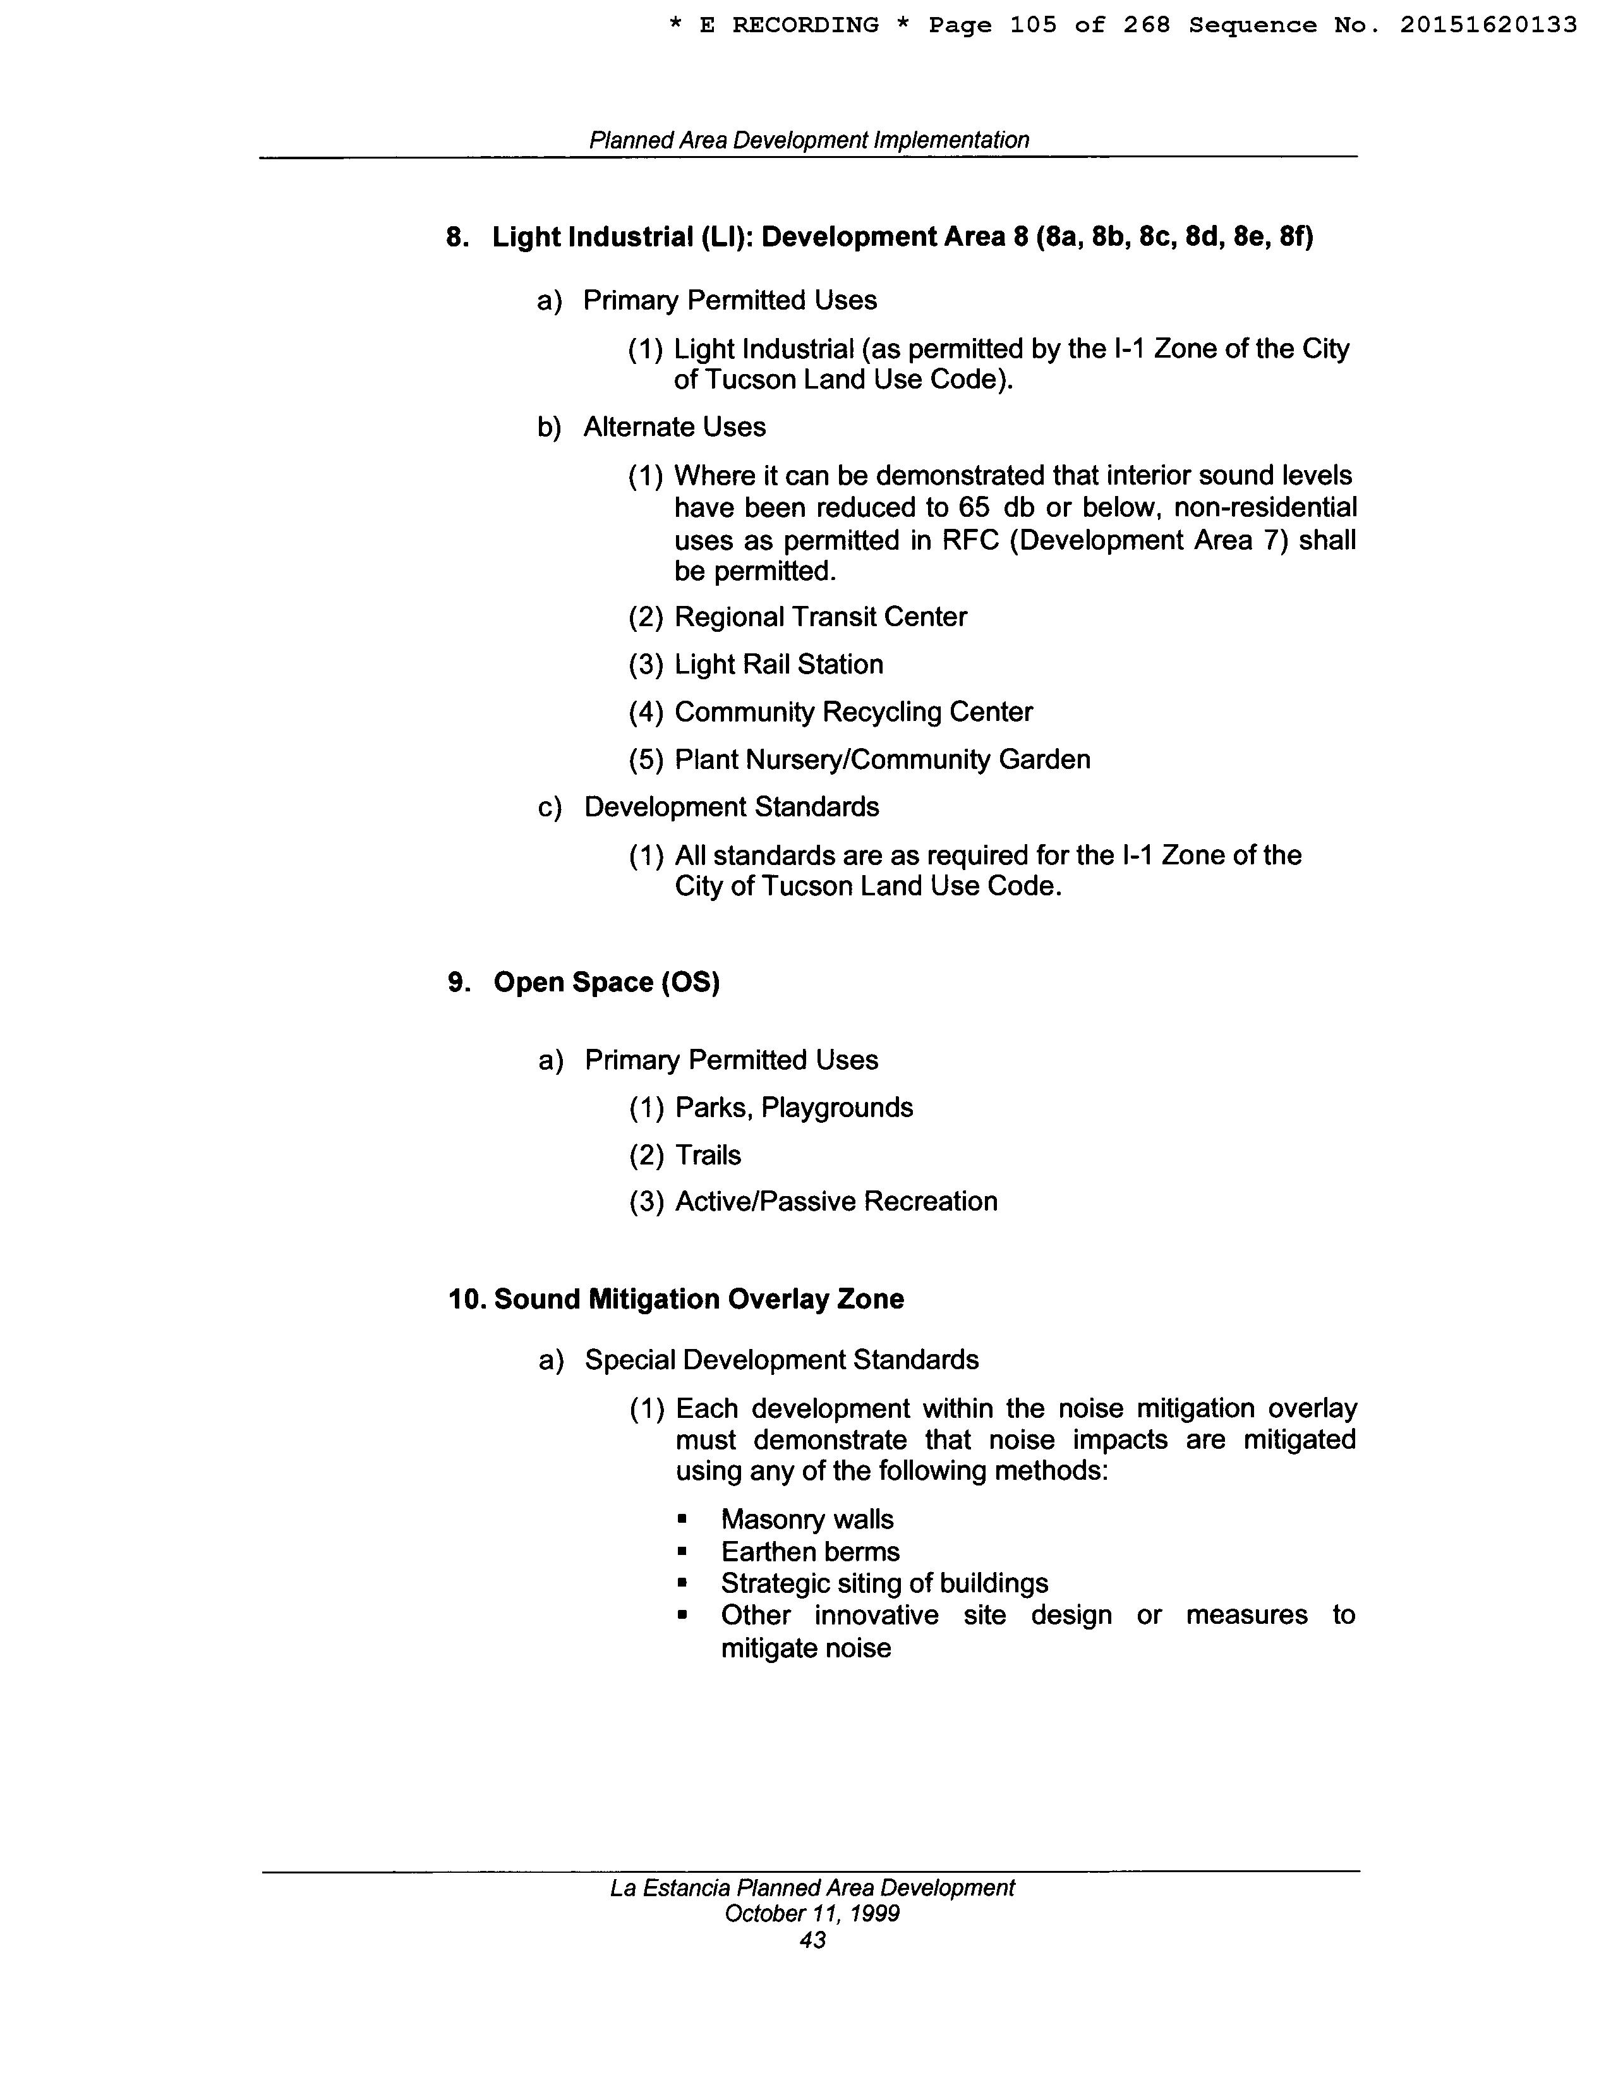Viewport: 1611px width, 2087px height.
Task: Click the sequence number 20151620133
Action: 1488,25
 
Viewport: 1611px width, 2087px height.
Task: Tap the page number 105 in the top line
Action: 1033,25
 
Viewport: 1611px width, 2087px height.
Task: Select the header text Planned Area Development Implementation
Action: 809,140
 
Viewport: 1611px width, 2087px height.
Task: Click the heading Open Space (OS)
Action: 606,983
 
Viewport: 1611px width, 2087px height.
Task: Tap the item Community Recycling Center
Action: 854,712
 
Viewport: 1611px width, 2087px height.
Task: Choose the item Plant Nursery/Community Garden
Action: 882,759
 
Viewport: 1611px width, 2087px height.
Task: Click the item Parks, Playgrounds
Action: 793,1108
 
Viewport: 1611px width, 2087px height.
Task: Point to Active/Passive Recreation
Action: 836,1201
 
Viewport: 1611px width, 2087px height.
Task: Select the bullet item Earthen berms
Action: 811,1552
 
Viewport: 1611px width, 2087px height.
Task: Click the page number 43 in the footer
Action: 812,1940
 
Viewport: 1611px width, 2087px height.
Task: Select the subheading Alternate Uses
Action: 675,427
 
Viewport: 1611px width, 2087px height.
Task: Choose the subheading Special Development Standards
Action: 781,1360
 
